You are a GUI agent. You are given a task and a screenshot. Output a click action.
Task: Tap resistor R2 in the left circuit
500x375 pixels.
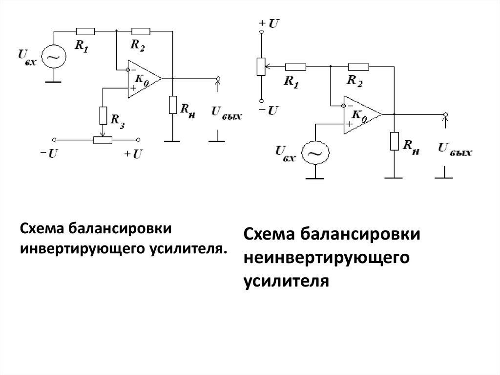[x=141, y=30]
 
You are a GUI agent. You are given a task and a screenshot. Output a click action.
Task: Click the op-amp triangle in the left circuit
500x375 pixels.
[x=143, y=79]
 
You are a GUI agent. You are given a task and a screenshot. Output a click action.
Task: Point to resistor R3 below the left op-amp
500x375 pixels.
[x=103, y=115]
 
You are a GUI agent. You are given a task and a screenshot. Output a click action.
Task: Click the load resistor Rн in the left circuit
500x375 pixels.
[x=172, y=105]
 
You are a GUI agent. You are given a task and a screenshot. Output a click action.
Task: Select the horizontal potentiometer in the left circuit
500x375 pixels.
[x=103, y=140]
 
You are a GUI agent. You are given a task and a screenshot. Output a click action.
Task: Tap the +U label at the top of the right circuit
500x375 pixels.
[x=269, y=22]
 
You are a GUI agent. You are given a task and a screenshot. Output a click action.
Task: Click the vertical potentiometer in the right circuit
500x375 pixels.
[x=261, y=66]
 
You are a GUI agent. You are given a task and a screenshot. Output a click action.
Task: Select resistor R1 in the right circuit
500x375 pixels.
[x=296, y=66]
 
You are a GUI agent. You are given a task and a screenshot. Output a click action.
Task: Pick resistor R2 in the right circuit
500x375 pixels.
[x=358, y=66]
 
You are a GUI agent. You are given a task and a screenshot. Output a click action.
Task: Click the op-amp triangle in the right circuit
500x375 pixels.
[x=362, y=114]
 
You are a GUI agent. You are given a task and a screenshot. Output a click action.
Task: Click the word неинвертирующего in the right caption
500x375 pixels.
[x=326, y=258]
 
